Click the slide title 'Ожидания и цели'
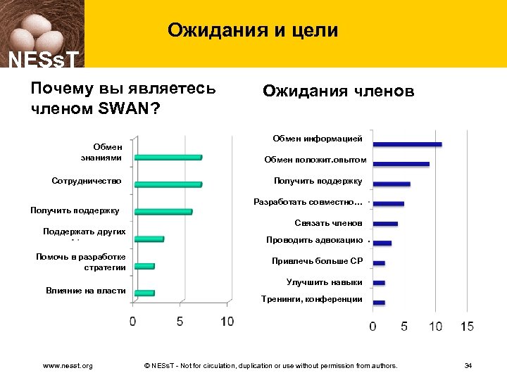coord(253,30)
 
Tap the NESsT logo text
coord(42,59)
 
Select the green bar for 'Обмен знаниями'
coord(168,157)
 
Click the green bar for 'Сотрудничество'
coord(168,184)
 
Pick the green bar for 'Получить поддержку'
coord(163,211)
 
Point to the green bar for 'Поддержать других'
coord(149,239)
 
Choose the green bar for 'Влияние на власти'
coord(144,293)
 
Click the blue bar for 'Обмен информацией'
coord(407,144)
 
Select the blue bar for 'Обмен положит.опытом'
coord(401,164)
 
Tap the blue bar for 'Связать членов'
coord(385,224)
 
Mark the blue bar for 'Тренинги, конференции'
coord(379,303)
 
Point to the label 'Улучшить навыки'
coord(325,282)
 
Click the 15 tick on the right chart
coord(467,327)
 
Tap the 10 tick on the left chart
coord(227,322)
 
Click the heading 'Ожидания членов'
coord(338,91)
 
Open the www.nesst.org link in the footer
coord(68,366)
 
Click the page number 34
coord(468,366)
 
